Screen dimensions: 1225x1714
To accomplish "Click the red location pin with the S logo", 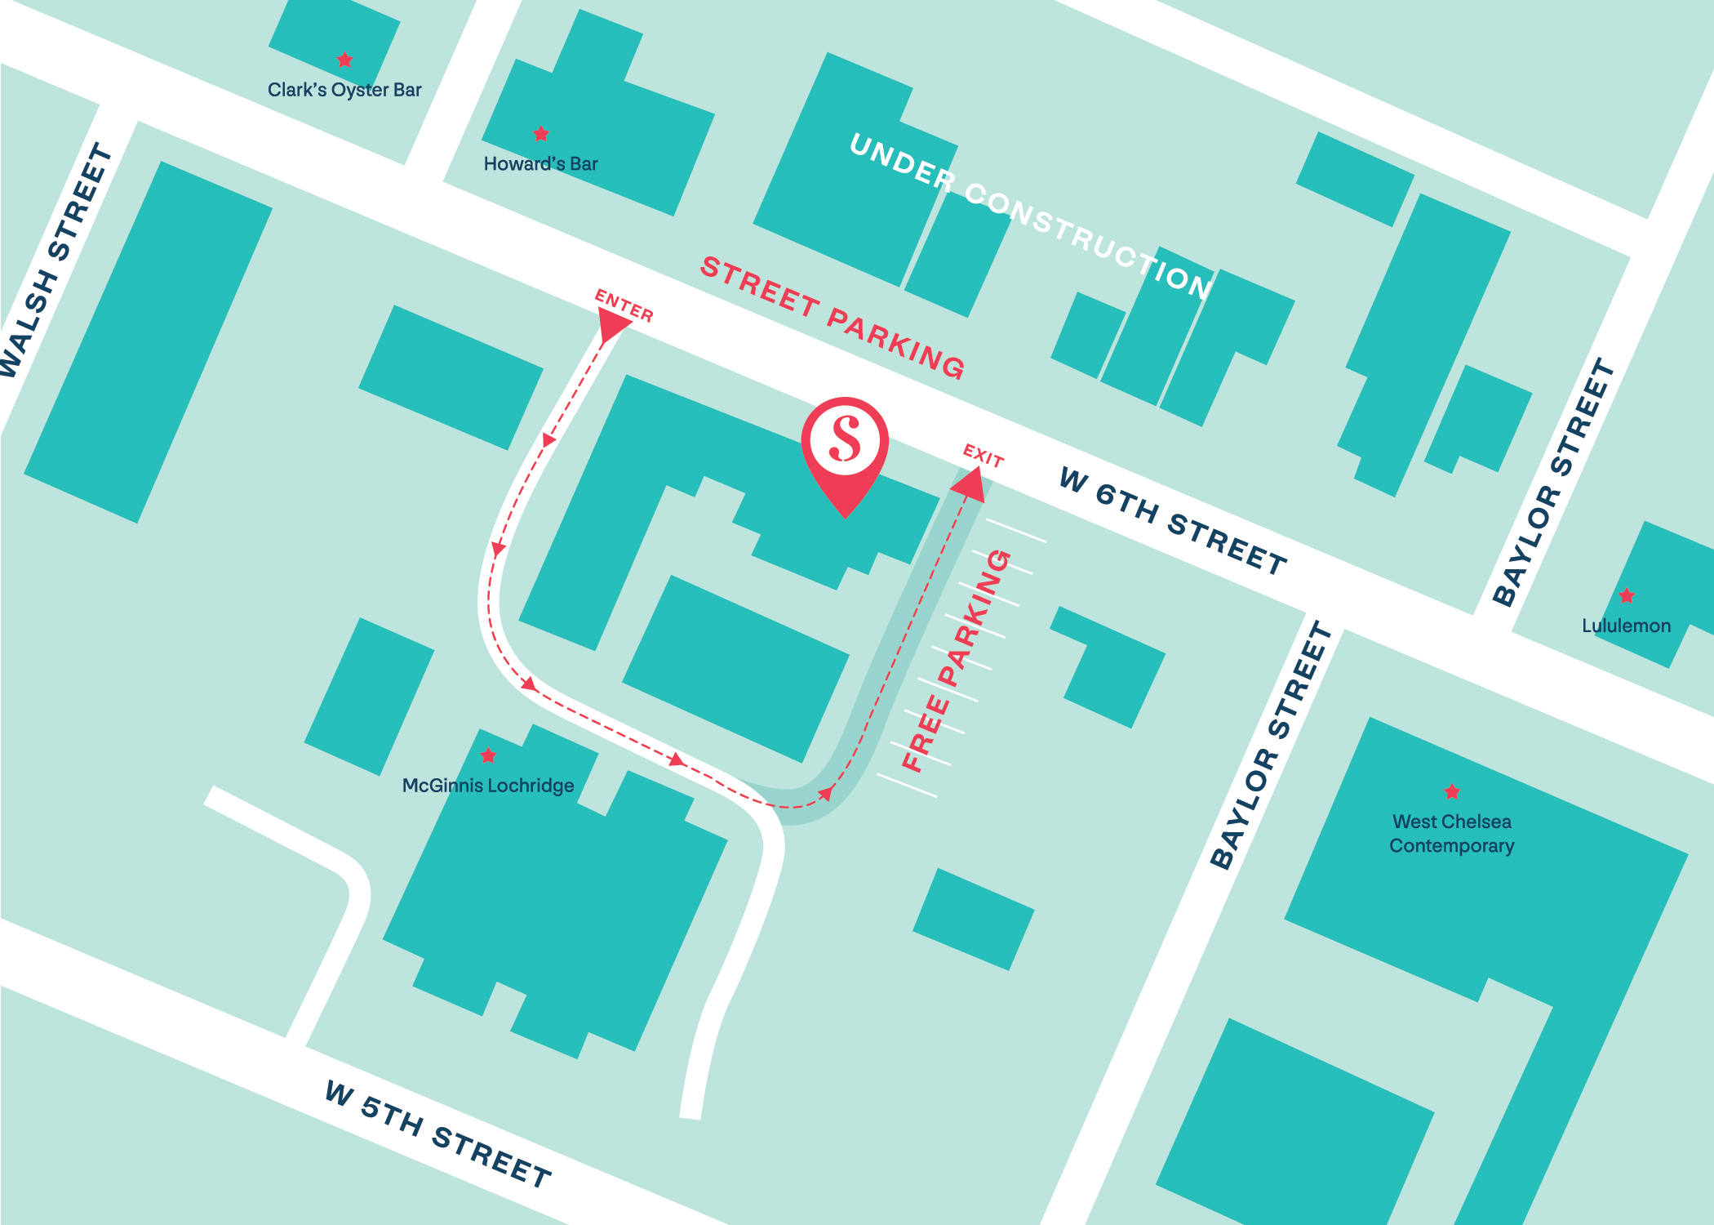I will pyautogui.click(x=845, y=445).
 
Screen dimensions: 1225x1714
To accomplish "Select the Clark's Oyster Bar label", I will pyautogui.click(x=344, y=90).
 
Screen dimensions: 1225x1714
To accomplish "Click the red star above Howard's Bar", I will pyautogui.click(x=541, y=133).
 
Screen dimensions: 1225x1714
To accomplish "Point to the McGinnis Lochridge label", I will pyautogui.click(x=488, y=786).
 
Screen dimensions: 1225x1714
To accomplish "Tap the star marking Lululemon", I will pyautogui.click(x=1627, y=595).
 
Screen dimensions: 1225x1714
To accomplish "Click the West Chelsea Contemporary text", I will pyautogui.click(x=1452, y=833).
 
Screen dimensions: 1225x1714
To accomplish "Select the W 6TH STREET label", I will pyautogui.click(x=1172, y=521).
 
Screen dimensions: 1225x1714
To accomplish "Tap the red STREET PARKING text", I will pyautogui.click(x=833, y=317).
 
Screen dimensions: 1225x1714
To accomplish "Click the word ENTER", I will pyautogui.click(x=624, y=305).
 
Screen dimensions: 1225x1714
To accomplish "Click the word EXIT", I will pyautogui.click(x=984, y=456).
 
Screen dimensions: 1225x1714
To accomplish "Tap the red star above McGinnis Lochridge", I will pyautogui.click(x=488, y=755).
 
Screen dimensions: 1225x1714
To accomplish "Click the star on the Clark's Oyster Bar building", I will pyautogui.click(x=345, y=60).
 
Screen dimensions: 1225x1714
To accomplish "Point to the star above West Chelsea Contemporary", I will pyautogui.click(x=1452, y=791).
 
